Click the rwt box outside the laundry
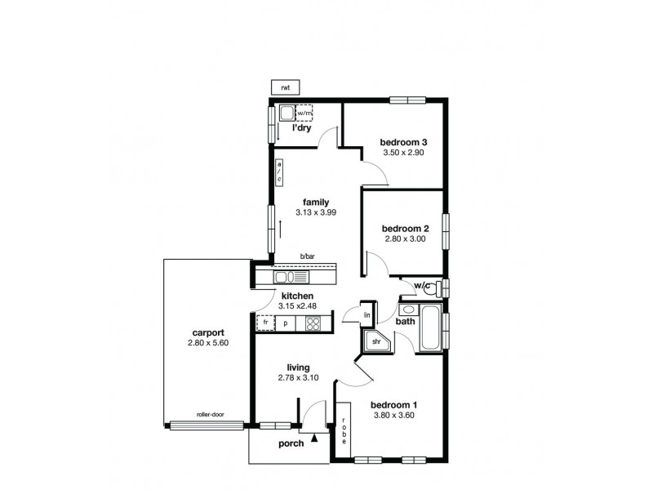click(x=285, y=87)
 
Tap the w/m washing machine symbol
click(x=304, y=113)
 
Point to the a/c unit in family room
click(x=278, y=172)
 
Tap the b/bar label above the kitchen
click(x=307, y=256)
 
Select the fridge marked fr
click(x=264, y=323)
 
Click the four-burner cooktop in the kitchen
click(x=314, y=323)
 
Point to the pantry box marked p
click(x=286, y=323)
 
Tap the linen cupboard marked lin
click(x=366, y=314)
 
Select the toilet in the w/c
click(x=438, y=287)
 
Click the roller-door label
click(x=209, y=415)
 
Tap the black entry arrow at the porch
click(x=314, y=439)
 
